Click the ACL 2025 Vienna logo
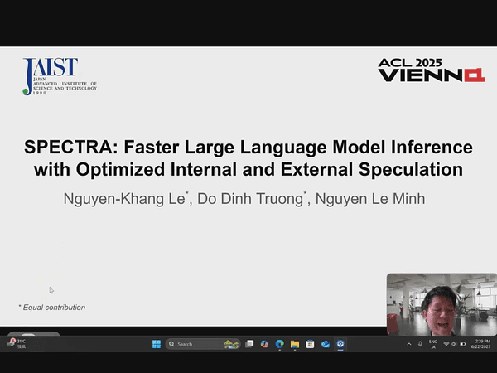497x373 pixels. [x=430, y=71]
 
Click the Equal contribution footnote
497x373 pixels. [x=51, y=308]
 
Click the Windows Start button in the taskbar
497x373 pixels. [x=156, y=344]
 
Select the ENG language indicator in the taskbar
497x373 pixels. [x=432, y=344]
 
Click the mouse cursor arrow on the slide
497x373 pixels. [x=51, y=289]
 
